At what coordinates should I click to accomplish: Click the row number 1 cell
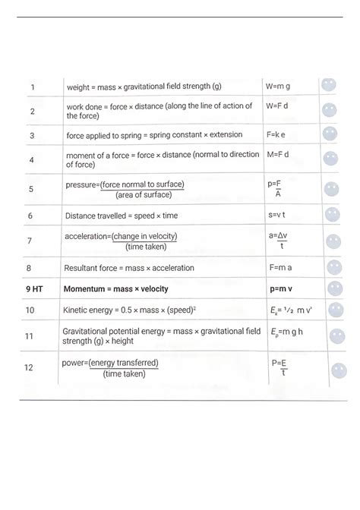pyautogui.click(x=32, y=87)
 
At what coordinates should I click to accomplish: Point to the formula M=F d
pyautogui.click(x=278, y=154)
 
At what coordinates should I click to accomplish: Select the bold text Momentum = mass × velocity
pyautogui.click(x=116, y=289)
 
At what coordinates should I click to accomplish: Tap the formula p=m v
pyautogui.click(x=283, y=288)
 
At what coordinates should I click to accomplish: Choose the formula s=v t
pyautogui.click(x=277, y=216)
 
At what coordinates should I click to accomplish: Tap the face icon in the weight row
pyautogui.click(x=328, y=85)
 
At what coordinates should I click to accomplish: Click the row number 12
pyautogui.click(x=29, y=367)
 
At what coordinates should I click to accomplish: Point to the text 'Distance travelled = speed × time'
pyautogui.click(x=122, y=216)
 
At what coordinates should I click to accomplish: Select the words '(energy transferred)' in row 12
pyautogui.click(x=124, y=363)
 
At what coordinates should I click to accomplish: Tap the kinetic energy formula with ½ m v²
pyautogui.click(x=288, y=310)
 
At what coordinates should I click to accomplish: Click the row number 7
pyautogui.click(x=30, y=241)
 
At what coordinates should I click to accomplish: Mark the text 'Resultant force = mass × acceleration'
pyautogui.click(x=129, y=268)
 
